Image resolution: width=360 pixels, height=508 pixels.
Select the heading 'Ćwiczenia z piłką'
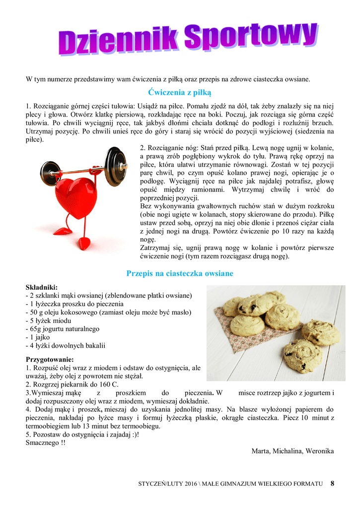180,92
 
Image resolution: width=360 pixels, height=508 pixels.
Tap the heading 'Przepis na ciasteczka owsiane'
180,273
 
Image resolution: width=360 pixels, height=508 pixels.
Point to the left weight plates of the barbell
50,172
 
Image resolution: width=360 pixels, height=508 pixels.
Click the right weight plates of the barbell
117,166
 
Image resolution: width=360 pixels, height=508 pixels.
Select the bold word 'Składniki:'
42,287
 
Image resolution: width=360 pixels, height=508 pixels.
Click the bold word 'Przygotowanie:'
50,359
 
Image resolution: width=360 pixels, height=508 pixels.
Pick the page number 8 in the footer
332,484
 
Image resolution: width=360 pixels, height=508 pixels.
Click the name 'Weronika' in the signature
319,451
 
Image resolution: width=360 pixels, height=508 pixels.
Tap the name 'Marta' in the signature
261,451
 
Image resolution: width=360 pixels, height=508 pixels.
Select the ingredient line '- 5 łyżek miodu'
50,320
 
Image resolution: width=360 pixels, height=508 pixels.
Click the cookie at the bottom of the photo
302,355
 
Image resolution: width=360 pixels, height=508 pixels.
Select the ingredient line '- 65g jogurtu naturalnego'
63,329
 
